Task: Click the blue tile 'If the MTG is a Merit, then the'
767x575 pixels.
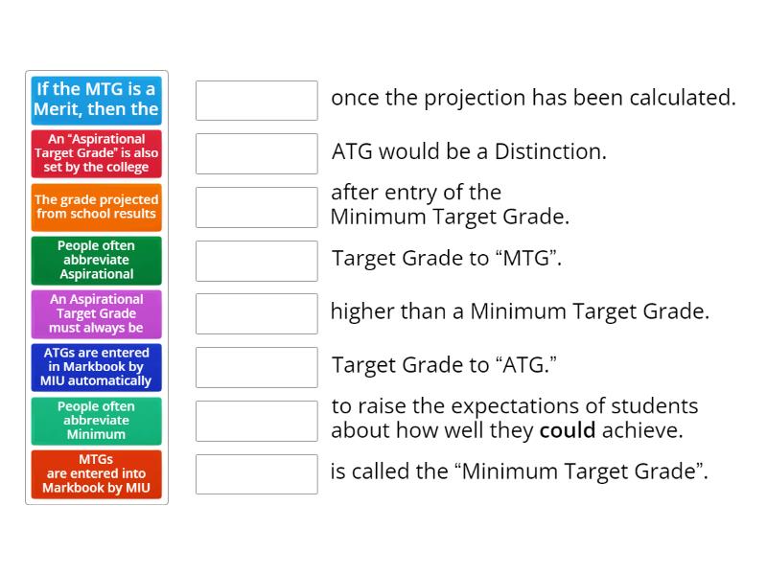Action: [96, 100]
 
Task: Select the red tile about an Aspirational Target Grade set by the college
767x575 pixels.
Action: [96, 153]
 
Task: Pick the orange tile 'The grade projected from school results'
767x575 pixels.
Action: [96, 207]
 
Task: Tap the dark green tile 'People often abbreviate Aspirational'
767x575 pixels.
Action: [96, 260]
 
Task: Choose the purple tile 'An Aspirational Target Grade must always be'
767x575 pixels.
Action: [96, 313]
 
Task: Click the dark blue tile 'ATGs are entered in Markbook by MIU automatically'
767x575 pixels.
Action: [96, 367]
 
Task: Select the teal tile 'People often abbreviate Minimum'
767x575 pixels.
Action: [96, 421]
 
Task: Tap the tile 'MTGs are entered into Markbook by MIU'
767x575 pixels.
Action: [96, 474]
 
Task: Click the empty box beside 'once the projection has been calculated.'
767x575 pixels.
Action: [256, 100]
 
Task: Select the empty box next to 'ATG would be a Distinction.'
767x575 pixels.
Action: [256, 153]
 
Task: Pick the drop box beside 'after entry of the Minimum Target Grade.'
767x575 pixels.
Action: [256, 207]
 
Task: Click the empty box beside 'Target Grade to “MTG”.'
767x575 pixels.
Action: [256, 260]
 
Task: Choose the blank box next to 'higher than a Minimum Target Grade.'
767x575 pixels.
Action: [256, 313]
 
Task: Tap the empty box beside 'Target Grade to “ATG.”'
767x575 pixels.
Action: [256, 367]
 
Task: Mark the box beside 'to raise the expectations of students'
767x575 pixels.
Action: [256, 421]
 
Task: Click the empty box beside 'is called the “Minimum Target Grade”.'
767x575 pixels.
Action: [256, 474]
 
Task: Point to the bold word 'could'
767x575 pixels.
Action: [568, 430]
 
